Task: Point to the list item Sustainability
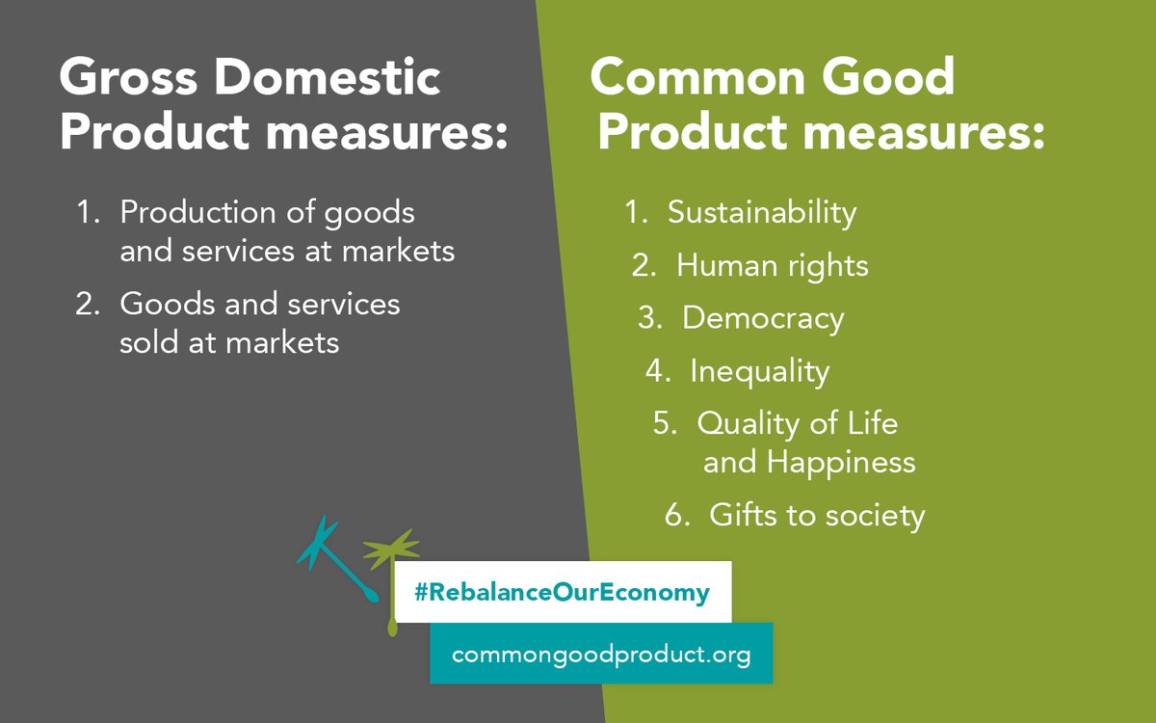pyautogui.click(x=761, y=212)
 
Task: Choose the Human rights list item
pyautogui.click(x=772, y=265)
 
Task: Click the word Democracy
pyautogui.click(x=763, y=318)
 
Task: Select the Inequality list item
pyautogui.click(x=759, y=371)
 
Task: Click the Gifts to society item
pyautogui.click(x=817, y=516)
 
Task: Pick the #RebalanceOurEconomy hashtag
pyautogui.click(x=562, y=592)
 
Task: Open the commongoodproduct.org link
pyautogui.click(x=601, y=654)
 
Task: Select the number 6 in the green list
pyautogui.click(x=674, y=516)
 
